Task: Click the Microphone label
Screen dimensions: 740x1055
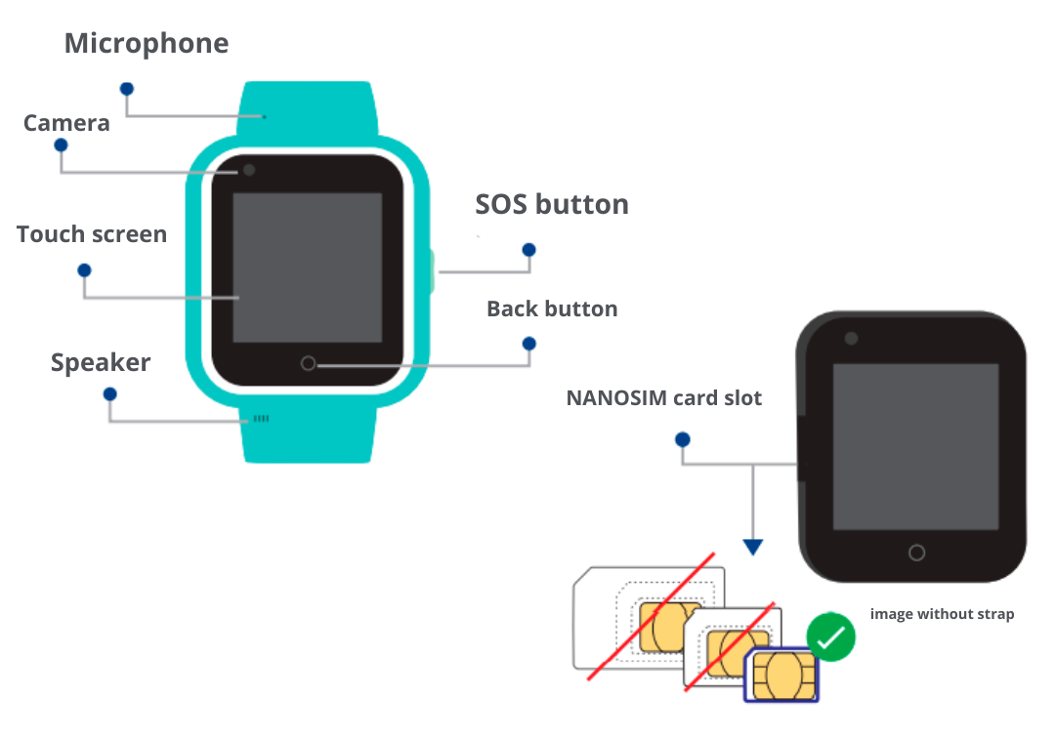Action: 147,44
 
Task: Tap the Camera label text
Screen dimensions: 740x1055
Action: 66,123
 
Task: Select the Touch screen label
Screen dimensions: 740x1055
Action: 92,234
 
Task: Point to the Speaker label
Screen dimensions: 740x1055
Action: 101,362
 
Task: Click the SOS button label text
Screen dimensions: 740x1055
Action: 552,204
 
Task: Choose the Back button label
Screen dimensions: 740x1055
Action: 552,308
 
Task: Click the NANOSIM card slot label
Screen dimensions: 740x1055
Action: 664,398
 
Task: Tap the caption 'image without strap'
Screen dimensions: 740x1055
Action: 942,614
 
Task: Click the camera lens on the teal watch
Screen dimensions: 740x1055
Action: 249,170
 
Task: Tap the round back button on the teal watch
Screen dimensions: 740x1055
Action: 309,363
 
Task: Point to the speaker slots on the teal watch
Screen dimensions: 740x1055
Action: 261,419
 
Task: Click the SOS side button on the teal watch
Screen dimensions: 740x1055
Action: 433,271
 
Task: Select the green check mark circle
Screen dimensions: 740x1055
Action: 831,638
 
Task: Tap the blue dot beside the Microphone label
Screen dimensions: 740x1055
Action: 126,88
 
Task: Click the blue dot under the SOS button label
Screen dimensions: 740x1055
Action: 529,250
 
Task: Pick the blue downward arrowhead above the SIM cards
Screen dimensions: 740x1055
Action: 752,547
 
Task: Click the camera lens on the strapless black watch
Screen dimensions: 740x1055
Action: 851,338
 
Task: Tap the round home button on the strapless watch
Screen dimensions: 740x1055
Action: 916,553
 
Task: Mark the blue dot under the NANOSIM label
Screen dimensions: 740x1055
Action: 683,440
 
